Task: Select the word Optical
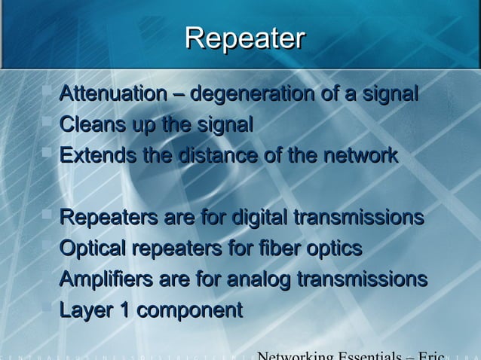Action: (94, 249)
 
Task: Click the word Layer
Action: (83, 310)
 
